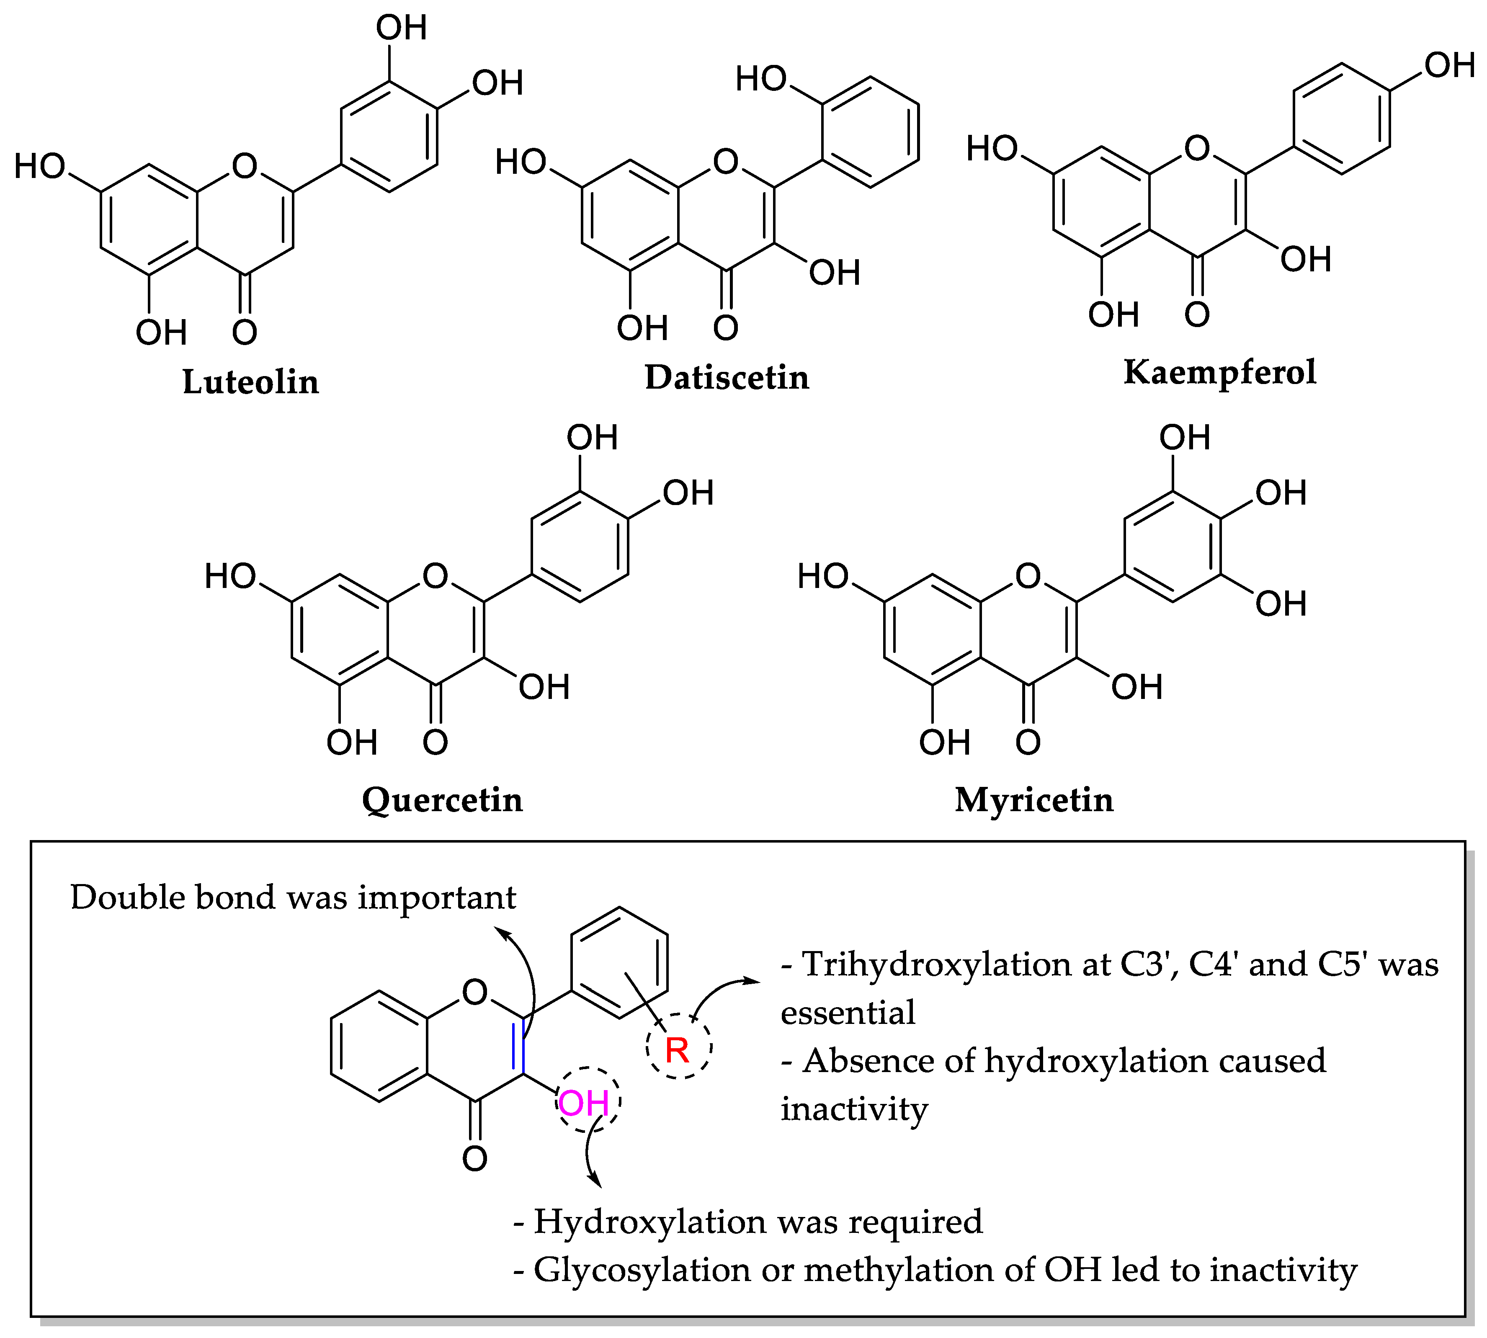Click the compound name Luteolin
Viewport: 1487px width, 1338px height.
[251, 382]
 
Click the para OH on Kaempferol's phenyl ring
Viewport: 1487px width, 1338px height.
[1449, 65]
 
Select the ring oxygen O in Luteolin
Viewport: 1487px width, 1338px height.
[245, 166]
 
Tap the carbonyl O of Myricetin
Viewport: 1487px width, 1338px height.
[1028, 742]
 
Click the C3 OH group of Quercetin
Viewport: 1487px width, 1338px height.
[544, 687]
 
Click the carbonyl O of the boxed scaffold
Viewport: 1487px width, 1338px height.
[475, 1159]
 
